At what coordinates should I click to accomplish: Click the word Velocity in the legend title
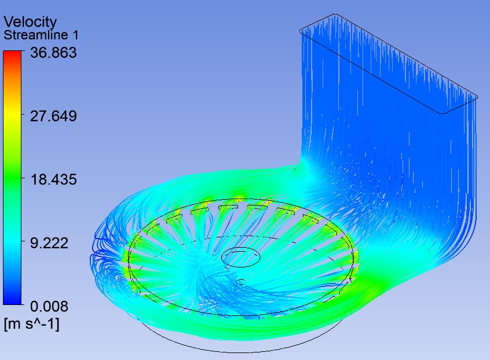pos(30,23)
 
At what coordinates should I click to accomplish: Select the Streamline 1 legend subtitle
pos(41,35)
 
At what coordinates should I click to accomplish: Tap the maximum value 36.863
pos(53,53)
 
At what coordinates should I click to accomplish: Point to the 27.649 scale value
pos(53,116)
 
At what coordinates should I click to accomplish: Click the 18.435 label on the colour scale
pos(53,179)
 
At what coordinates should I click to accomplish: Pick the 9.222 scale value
pos(49,243)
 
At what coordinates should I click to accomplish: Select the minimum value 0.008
pos(49,306)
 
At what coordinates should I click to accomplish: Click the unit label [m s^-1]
pos(31,324)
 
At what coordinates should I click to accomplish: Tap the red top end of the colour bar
pos(12,54)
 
